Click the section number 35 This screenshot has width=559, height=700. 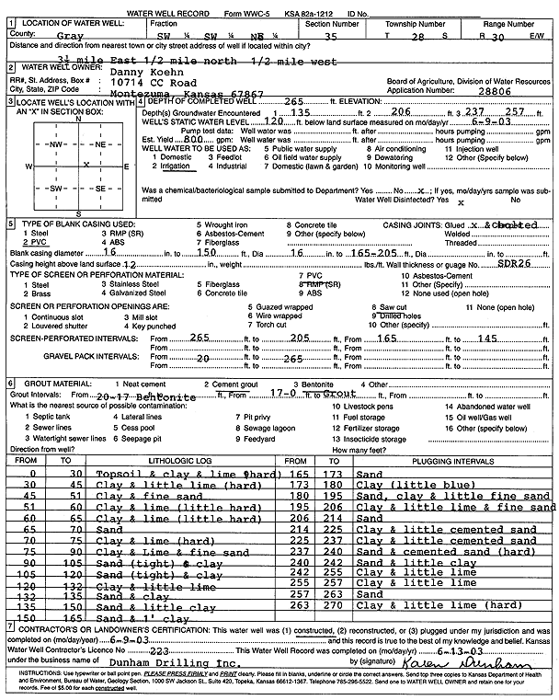coord(331,35)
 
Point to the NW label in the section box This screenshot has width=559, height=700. coord(56,144)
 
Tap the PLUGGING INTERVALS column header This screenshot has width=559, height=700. coord(420,459)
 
